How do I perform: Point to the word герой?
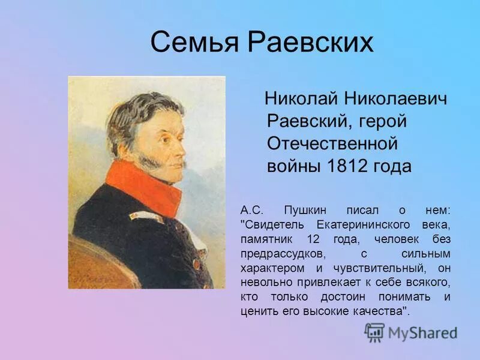tap(383, 121)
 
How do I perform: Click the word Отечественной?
tap(332, 144)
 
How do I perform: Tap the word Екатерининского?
tap(361, 224)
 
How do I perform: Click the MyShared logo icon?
tap(374, 332)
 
